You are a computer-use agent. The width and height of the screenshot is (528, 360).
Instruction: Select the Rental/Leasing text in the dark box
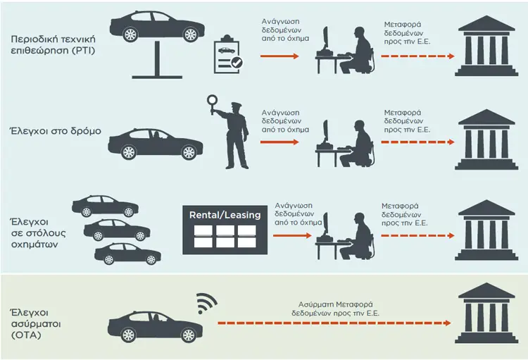[x=225, y=215]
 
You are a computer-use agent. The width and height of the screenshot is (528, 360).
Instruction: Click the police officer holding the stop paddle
[x=232, y=135]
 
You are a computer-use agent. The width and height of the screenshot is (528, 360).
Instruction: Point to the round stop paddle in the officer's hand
[x=213, y=100]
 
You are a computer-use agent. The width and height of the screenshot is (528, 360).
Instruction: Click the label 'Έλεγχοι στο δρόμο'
[x=56, y=131]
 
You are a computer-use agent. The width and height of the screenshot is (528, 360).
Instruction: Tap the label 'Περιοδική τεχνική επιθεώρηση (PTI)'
[x=54, y=44]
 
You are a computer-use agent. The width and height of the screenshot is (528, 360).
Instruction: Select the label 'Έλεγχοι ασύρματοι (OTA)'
[x=36, y=323]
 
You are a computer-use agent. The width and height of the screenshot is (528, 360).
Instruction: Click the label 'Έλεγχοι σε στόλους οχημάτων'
[x=38, y=233]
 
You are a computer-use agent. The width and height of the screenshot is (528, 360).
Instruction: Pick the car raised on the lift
[x=157, y=26]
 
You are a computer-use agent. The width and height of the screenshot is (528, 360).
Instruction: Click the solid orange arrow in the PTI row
[x=279, y=56]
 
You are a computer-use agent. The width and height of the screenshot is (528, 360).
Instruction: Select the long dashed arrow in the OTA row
[x=334, y=323]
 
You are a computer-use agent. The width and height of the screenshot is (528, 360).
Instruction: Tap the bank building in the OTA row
[x=486, y=313]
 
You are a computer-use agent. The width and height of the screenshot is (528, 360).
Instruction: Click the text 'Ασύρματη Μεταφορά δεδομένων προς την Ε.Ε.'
[x=335, y=309]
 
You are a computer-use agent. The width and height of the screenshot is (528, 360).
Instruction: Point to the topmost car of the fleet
[x=105, y=206]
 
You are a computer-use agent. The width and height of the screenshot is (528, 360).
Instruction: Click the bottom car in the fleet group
[x=127, y=254]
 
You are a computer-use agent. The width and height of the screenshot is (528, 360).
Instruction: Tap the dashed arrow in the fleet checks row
[x=418, y=235]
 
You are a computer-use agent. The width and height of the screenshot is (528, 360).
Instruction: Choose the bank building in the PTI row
[x=486, y=46]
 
